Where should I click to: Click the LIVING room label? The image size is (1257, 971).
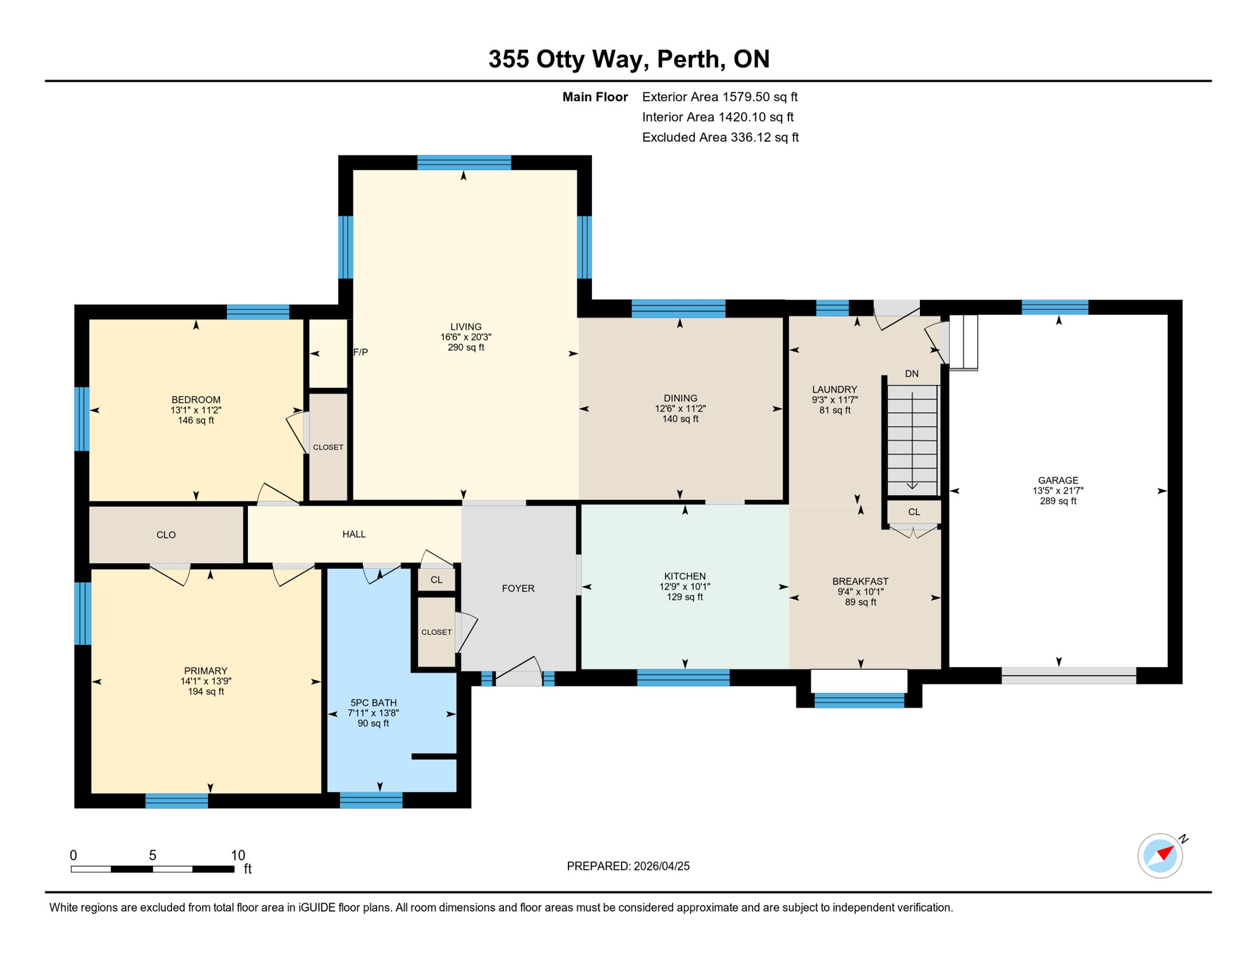pyautogui.click(x=466, y=327)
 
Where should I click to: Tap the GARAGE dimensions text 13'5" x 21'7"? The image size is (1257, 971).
pyautogui.click(x=1058, y=491)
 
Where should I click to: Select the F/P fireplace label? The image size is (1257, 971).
pyautogui.click(x=360, y=352)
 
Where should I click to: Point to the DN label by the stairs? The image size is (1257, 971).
pyautogui.click(x=911, y=374)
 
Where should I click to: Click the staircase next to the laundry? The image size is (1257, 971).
pyautogui.click(x=912, y=440)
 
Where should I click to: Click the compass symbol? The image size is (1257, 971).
pyautogui.click(x=1160, y=855)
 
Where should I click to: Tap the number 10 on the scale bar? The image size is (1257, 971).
pyautogui.click(x=238, y=855)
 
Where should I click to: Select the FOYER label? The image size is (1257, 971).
pyautogui.click(x=518, y=589)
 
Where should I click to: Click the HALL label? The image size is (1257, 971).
pyautogui.click(x=354, y=534)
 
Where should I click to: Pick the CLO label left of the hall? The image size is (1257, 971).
pyautogui.click(x=166, y=535)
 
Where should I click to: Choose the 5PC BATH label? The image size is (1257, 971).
pyautogui.click(x=374, y=703)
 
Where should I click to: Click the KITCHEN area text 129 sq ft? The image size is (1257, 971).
pyautogui.click(x=685, y=597)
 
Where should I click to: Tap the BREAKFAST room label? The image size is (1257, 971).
pyautogui.click(x=860, y=582)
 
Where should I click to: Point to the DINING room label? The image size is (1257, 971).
pyautogui.click(x=680, y=398)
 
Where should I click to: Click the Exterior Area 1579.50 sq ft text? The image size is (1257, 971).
pyautogui.click(x=720, y=97)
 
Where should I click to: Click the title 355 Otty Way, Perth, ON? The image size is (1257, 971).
pyautogui.click(x=629, y=59)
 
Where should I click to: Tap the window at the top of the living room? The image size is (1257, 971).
pyautogui.click(x=464, y=162)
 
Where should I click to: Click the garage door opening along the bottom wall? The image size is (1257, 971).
pyautogui.click(x=1069, y=675)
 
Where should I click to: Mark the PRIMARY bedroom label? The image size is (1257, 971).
pyautogui.click(x=205, y=671)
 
